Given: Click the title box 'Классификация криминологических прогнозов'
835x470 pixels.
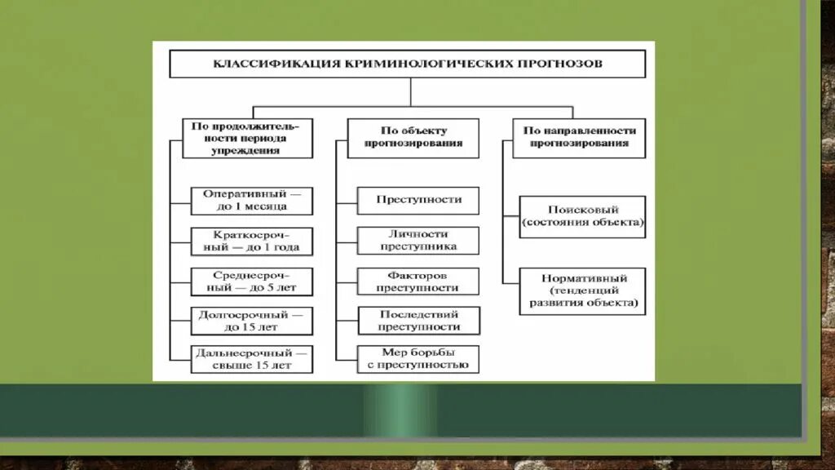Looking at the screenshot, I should point(407,64).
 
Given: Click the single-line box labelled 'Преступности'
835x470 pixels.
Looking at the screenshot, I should point(418,200).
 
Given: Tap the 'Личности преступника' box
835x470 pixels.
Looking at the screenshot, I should point(418,240).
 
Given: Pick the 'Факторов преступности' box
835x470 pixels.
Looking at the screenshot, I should point(418,282).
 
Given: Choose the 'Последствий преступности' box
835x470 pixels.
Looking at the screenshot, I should point(418,321).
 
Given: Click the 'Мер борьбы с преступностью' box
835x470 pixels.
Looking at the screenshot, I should point(418,359).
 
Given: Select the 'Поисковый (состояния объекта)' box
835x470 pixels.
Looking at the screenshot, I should point(582,216).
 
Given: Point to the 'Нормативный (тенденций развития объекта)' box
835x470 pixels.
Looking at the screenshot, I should point(582,290).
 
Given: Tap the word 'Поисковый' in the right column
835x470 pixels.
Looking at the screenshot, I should point(582,210).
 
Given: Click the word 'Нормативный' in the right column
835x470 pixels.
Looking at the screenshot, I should point(582,278).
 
